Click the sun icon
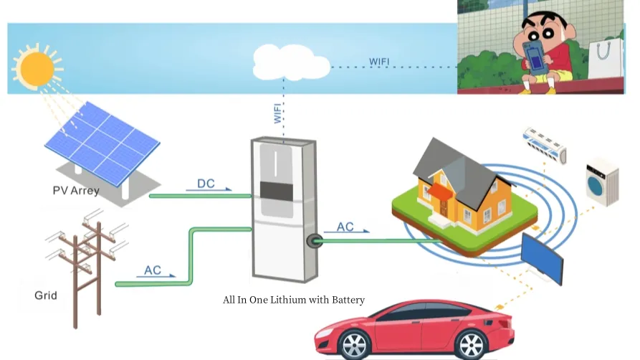34,67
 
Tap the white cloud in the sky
291,63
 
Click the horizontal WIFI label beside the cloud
379,61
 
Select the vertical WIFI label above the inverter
278,113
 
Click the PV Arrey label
76,191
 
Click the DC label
206,184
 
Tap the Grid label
46,295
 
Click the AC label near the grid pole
153,270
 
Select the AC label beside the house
345,227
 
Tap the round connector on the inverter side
312,241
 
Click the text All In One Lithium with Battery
294,300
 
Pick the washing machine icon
601,182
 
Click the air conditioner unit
544,143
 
